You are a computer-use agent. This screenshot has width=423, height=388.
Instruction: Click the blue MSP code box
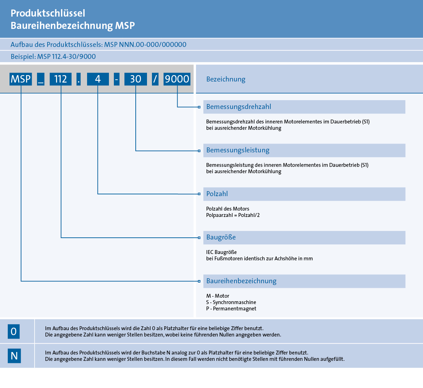point(21,79)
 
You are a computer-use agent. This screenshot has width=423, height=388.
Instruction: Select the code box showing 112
point(61,79)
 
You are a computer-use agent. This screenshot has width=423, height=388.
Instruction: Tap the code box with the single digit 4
point(98,79)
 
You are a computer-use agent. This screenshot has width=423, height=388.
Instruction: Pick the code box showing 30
point(136,79)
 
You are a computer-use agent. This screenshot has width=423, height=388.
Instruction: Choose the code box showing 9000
point(177,79)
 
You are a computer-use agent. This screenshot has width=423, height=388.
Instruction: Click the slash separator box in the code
point(155,79)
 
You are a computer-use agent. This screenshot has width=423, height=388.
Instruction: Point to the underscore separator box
point(41,79)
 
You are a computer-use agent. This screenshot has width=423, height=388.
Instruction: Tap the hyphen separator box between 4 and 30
point(117,79)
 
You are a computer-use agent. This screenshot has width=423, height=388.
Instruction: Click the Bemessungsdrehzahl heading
point(239,107)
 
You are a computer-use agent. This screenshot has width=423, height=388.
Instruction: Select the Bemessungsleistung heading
point(238,150)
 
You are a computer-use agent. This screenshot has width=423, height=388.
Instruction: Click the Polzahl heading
point(217,194)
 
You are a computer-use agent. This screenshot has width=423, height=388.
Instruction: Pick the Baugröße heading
point(221,237)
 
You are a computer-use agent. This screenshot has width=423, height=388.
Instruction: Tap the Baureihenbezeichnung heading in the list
point(241,281)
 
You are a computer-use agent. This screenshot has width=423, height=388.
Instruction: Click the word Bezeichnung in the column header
point(226,79)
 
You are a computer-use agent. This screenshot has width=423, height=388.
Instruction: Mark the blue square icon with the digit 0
point(14,332)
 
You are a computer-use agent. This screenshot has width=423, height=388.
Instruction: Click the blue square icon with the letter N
point(14,356)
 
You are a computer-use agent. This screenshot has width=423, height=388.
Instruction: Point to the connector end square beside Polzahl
point(199,194)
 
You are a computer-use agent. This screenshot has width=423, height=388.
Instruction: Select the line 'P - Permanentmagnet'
point(231,309)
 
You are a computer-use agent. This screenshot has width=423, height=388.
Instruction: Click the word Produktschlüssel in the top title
point(48,13)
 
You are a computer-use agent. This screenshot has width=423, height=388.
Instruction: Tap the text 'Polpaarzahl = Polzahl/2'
point(233,215)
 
